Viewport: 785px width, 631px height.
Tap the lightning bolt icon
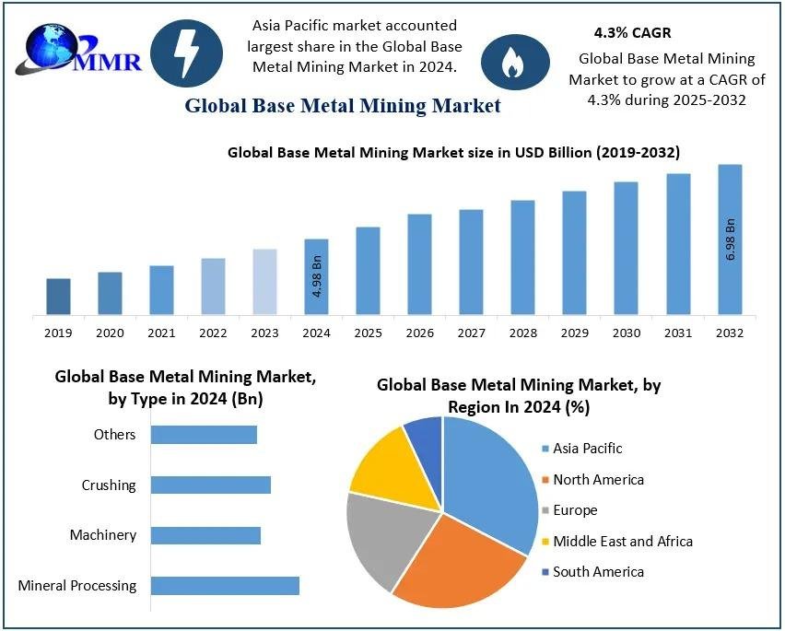pyautogui.click(x=186, y=53)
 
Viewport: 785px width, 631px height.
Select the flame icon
pyautogui.click(x=510, y=61)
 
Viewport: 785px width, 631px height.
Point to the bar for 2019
pyautogui.click(x=58, y=297)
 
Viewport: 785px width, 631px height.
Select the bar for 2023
pyautogui.click(x=264, y=282)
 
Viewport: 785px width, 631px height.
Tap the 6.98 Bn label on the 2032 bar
pyautogui.click(x=731, y=240)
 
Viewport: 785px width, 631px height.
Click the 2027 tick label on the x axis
pyautogui.click(x=471, y=333)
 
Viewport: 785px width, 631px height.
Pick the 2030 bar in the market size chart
pyautogui.click(x=627, y=249)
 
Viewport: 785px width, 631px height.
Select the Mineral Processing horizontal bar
pyautogui.click(x=225, y=585)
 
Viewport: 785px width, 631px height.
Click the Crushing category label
pyautogui.click(x=109, y=485)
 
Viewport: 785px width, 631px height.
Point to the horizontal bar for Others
pyautogui.click(x=204, y=435)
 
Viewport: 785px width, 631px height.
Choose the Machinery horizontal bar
pyautogui.click(x=205, y=535)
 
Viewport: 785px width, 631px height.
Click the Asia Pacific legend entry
pyautogui.click(x=587, y=449)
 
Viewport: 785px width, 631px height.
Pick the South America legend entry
pyautogui.click(x=598, y=572)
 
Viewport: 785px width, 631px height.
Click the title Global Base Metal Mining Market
pyautogui.click(x=343, y=106)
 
